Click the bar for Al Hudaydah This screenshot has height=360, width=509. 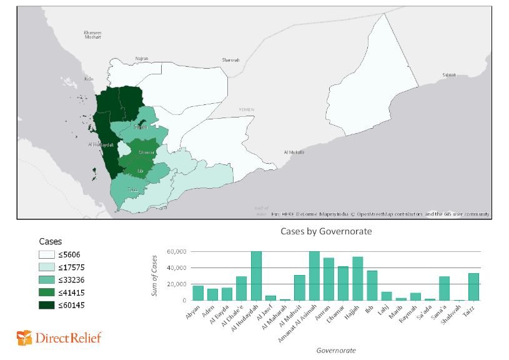coord(255,276)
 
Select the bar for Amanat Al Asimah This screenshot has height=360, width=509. coord(314,276)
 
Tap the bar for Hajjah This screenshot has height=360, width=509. coord(357,279)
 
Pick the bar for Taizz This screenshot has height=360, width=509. coord(473,287)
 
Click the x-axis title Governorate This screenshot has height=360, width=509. coord(335,351)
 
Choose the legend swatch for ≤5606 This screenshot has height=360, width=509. coord(47,254)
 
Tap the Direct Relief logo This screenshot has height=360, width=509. coord(59,338)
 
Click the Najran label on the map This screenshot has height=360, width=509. coord(142,58)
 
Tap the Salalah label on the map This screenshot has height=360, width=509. coord(449,74)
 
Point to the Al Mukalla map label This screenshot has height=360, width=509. coord(294,152)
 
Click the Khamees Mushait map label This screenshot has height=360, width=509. coord(92,35)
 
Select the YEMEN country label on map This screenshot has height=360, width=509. coord(246,109)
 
